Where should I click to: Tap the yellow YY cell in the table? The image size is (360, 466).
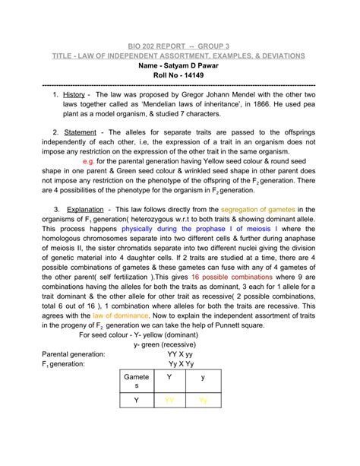tap(169, 400)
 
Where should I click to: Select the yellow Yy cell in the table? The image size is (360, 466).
tap(202, 400)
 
